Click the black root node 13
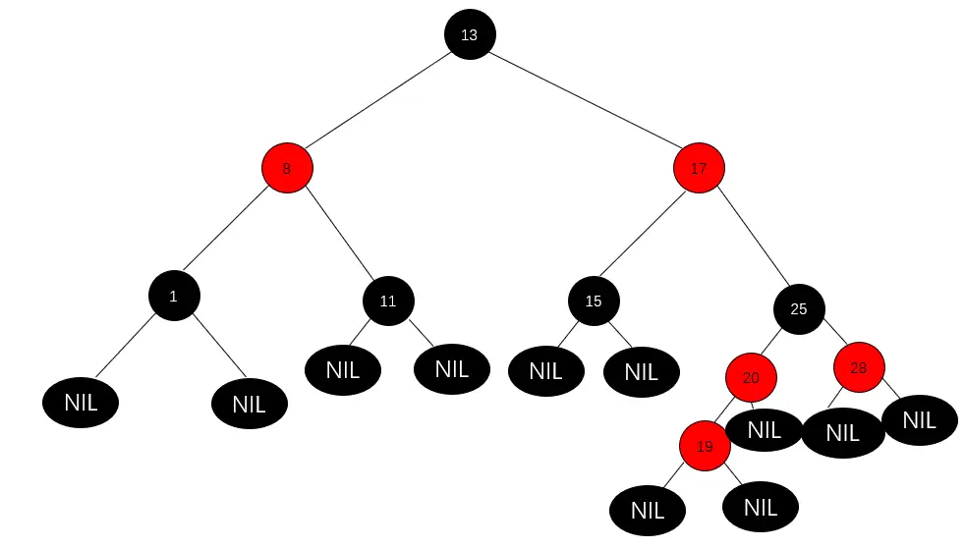pyautogui.click(x=469, y=34)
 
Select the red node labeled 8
pyautogui.click(x=287, y=168)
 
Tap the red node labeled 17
pyautogui.click(x=699, y=168)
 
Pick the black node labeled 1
pyautogui.click(x=174, y=295)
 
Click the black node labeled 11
pyautogui.click(x=388, y=301)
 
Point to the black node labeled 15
pyautogui.click(x=594, y=301)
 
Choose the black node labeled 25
pyautogui.click(x=798, y=308)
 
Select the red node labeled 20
pyautogui.click(x=751, y=377)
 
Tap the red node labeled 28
pyautogui.click(x=859, y=368)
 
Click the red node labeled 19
pyautogui.click(x=705, y=446)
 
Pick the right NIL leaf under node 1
pyautogui.click(x=249, y=404)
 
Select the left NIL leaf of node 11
pyautogui.click(x=342, y=370)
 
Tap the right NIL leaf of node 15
pyautogui.click(x=641, y=371)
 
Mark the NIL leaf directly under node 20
pyautogui.click(x=765, y=429)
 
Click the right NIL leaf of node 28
pyautogui.click(x=919, y=419)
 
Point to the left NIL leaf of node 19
pyautogui.click(x=647, y=510)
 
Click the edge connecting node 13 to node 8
pyautogui.click(x=378, y=101)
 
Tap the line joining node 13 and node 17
pyautogui.click(x=584, y=101)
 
